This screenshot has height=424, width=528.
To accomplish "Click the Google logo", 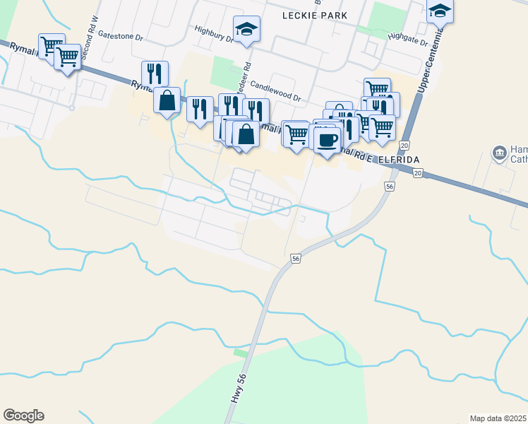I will [23, 416].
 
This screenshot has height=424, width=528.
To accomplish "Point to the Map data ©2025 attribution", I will [498, 418].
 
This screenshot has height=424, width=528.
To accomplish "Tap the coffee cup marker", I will [327, 140].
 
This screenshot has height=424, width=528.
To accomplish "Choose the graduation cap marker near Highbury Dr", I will [246, 29].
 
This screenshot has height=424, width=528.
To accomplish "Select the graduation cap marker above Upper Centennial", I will [440, 10].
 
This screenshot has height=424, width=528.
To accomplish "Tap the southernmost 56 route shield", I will [296, 259].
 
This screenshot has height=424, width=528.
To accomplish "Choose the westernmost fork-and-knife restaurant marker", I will [155, 73].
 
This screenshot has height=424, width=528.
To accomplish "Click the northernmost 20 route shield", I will [404, 145].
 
